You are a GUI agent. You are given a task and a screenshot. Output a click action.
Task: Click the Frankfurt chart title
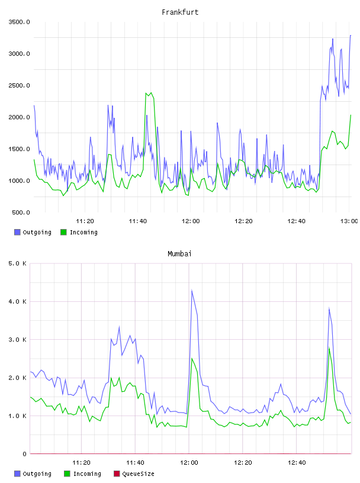point(180,12)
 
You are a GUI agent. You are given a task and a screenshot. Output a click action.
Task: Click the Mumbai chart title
point(179,253)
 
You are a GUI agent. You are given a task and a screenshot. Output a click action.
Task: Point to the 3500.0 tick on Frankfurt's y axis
point(19,22)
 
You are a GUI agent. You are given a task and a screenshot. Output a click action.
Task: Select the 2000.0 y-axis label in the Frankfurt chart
point(19,117)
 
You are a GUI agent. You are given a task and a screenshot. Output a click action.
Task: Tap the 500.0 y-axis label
point(21,212)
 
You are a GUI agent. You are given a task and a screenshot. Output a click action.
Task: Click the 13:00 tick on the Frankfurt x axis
point(349,221)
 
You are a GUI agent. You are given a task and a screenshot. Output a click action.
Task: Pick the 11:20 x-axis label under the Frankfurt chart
point(85,221)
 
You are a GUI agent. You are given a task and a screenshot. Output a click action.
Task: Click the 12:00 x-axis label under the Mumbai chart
point(189,462)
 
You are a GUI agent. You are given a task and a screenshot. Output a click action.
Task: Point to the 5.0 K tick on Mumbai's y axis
point(17,263)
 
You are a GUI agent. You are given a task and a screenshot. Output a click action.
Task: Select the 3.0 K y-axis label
point(17,339)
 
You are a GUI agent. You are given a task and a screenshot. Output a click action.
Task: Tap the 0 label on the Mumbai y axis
point(24,454)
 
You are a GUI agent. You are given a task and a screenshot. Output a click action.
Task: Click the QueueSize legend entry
point(134,474)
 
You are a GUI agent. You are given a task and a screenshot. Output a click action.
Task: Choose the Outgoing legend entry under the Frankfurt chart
point(33,232)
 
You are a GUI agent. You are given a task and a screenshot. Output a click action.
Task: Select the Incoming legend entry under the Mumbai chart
point(82,474)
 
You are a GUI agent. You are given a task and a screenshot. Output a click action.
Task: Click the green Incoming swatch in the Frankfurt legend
point(63,232)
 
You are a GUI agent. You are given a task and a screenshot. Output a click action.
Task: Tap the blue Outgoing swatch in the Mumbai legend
point(17,474)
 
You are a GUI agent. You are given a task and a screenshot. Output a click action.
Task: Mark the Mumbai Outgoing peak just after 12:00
point(192,290)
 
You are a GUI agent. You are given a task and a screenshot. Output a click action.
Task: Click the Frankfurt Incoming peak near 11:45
point(151,92)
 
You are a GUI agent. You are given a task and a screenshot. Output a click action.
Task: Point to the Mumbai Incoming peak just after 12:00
point(192,358)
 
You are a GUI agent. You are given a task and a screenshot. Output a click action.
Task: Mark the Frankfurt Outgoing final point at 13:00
point(351,35)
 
